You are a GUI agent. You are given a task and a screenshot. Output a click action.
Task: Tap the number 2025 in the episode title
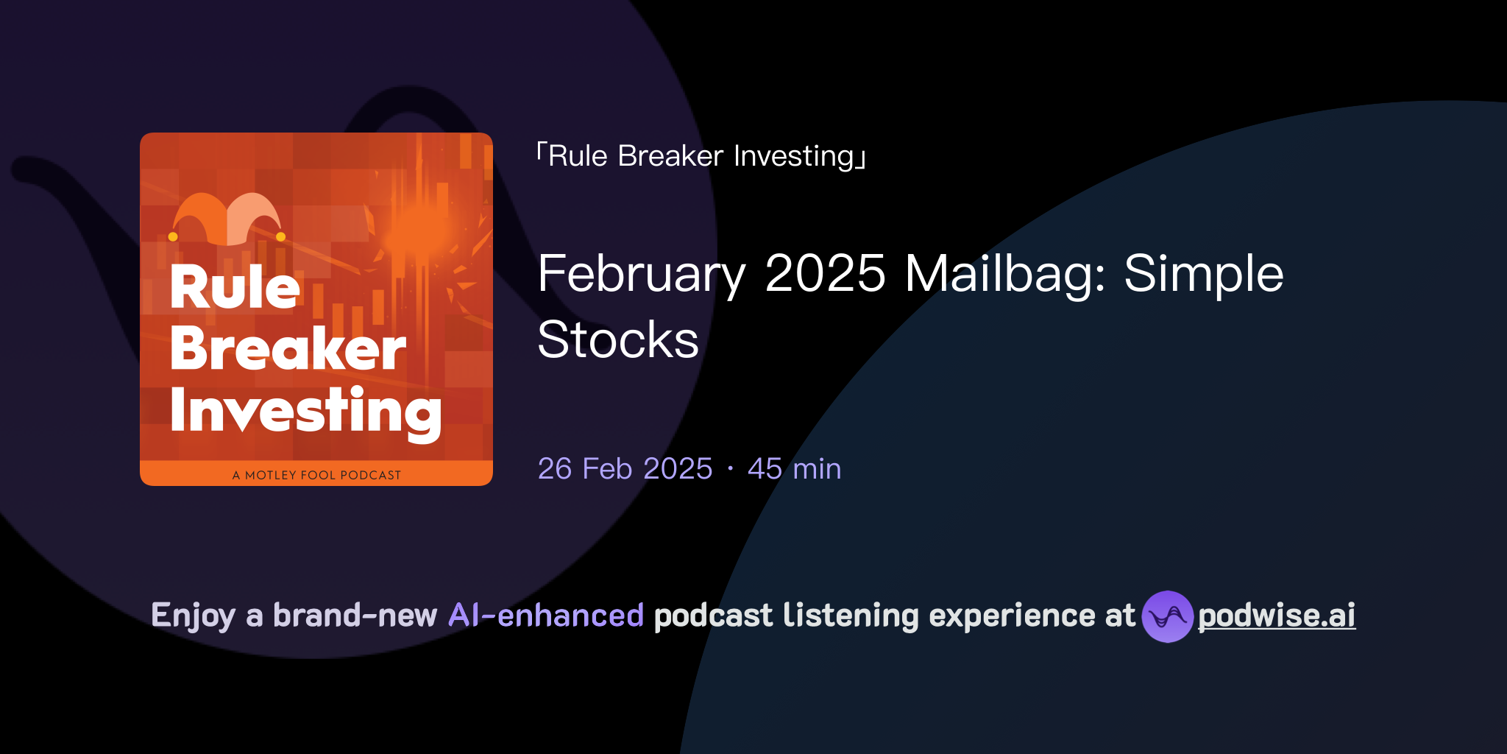click(x=825, y=275)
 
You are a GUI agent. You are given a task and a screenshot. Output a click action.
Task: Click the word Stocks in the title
click(x=618, y=340)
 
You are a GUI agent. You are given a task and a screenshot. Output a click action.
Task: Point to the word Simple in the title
click(x=1204, y=275)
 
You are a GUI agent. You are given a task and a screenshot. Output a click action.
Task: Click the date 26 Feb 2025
click(x=625, y=469)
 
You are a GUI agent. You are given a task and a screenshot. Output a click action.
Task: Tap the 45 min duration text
click(x=794, y=469)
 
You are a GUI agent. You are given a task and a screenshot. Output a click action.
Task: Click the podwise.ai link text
click(x=1276, y=616)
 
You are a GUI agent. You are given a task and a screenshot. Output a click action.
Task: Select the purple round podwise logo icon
click(x=1167, y=616)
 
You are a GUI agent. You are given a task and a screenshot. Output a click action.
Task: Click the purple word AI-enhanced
click(x=546, y=616)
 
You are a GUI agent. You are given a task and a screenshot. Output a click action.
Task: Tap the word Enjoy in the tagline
click(x=193, y=616)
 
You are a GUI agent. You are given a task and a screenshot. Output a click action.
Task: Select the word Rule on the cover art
click(x=235, y=287)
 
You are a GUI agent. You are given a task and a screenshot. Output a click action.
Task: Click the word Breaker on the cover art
click(x=288, y=348)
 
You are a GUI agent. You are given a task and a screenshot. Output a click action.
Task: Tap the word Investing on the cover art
click(x=305, y=411)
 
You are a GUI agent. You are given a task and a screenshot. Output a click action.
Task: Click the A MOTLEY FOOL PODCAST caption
click(x=316, y=475)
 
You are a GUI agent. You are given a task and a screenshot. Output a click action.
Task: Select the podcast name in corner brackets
click(x=701, y=156)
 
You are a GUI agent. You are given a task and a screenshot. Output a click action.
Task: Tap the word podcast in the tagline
click(x=713, y=616)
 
